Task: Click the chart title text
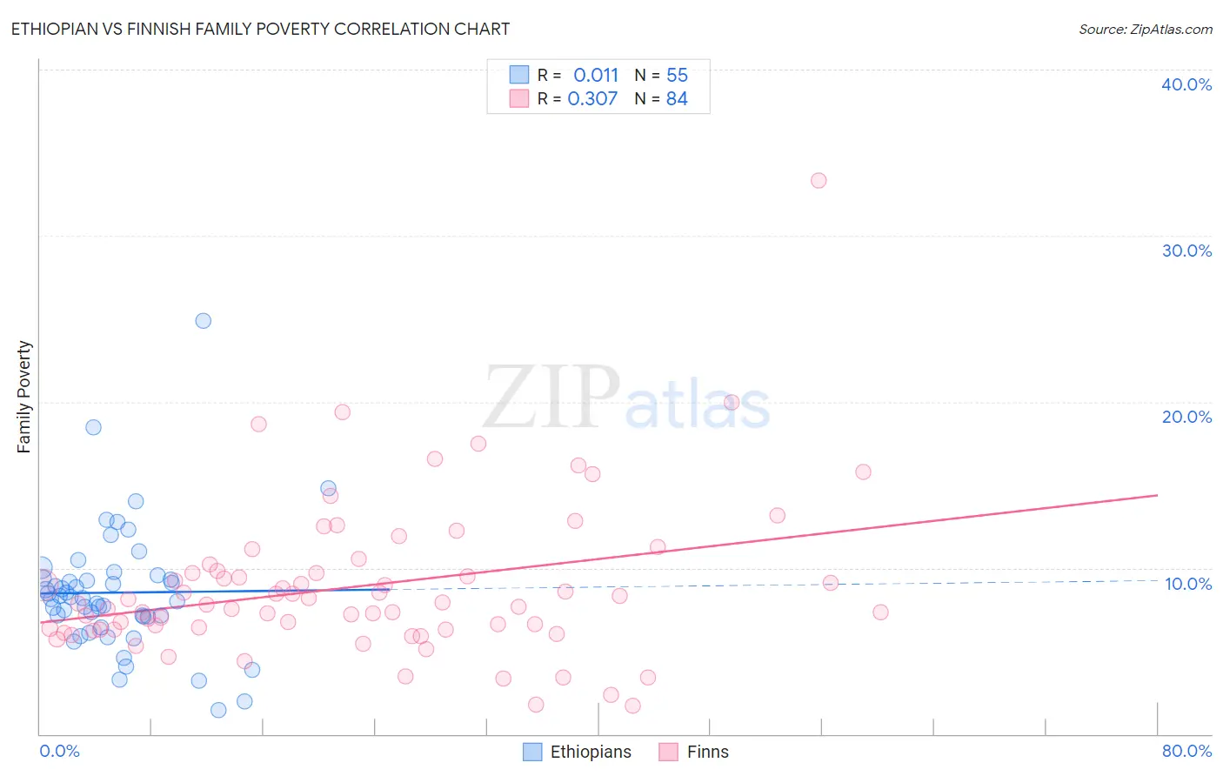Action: (x=260, y=30)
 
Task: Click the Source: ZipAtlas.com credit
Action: (x=1145, y=30)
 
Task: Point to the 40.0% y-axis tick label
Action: (x=1186, y=84)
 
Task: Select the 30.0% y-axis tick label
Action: (x=1186, y=251)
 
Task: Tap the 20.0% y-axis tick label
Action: (x=1186, y=417)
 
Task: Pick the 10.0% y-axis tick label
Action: (x=1187, y=584)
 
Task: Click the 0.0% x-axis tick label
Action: (x=59, y=751)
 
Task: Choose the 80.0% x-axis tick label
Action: (x=1186, y=751)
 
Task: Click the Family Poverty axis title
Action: (x=24, y=397)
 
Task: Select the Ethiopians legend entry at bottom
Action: (x=578, y=752)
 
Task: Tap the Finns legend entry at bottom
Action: (x=694, y=752)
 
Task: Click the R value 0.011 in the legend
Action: (x=596, y=76)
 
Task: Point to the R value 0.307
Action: (x=592, y=99)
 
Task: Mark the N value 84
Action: (x=677, y=99)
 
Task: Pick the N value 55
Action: (x=677, y=76)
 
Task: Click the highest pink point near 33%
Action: (x=819, y=181)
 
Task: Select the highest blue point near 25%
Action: (x=204, y=321)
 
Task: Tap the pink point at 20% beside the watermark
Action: (x=732, y=402)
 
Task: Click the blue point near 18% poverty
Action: (x=93, y=427)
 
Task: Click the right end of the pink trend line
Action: (x=1157, y=495)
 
